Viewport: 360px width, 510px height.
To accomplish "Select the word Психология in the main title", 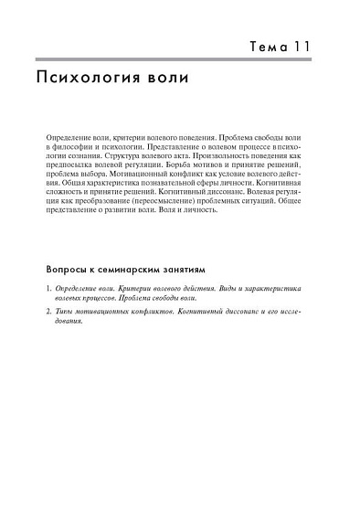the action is pyautogui.click(x=84, y=79).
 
